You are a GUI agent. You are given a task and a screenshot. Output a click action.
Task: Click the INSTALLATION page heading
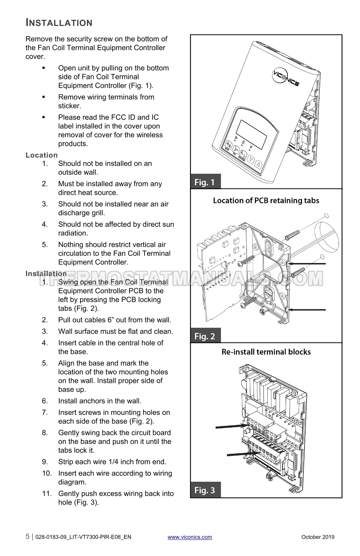pos(59,22)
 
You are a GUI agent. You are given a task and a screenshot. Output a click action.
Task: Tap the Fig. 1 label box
pos(206,182)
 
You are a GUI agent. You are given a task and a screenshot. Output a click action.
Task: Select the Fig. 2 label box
pos(206,335)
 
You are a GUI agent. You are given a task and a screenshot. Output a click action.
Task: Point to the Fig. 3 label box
pos(206,489)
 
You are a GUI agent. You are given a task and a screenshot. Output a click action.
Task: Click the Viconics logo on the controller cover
pos(285,78)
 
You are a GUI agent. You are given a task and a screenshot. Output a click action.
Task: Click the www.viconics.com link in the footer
pos(190,537)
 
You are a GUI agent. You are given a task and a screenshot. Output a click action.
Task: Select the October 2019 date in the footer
pos(318,537)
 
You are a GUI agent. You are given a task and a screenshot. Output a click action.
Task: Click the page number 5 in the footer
pos(28,536)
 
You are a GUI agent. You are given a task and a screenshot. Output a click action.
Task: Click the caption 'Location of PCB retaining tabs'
pos(266,200)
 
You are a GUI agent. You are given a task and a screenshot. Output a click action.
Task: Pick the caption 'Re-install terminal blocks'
pos(266,352)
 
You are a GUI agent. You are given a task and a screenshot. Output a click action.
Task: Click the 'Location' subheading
pos(42,155)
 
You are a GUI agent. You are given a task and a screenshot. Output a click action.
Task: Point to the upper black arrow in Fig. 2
pos(306,264)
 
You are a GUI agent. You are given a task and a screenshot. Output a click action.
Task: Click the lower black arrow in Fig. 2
pos(306,310)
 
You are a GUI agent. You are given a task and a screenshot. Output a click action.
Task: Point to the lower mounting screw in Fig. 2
pos(248,302)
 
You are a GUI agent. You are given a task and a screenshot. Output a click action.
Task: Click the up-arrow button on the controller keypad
pos(259,164)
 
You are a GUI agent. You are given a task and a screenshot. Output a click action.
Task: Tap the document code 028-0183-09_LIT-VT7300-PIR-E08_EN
pos(83,537)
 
